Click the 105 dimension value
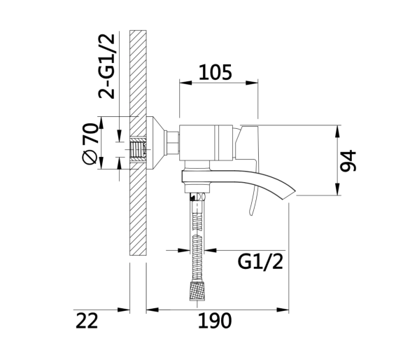tap(215, 72)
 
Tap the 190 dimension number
tap(215, 321)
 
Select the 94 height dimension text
tap(348, 161)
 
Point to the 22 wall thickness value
tap(87, 321)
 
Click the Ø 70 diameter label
tap(90, 144)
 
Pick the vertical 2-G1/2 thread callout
tap(106, 67)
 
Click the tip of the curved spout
tap(295, 191)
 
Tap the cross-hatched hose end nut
tap(197, 291)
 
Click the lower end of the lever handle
tap(251, 214)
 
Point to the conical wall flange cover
tap(156, 143)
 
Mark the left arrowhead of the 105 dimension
tap(185, 83)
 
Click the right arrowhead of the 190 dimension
tap(283, 310)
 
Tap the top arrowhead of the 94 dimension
tap(338, 132)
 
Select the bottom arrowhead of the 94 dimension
tap(338, 189)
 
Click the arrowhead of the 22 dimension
tap(124, 310)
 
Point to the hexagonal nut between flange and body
tap(173, 143)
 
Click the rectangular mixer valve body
tap(206, 143)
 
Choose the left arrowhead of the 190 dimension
tap(153, 310)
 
